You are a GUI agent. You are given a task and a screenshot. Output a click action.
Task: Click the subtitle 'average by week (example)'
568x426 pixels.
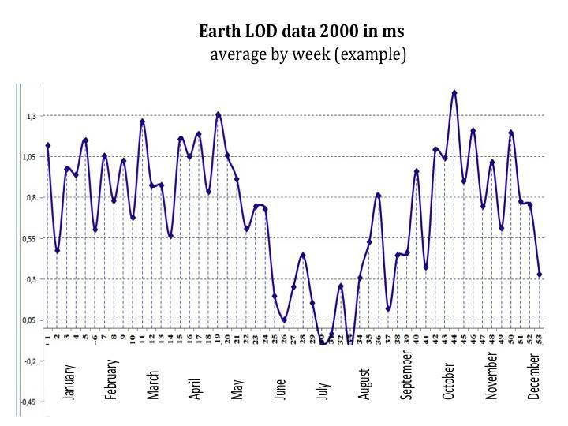[308, 54]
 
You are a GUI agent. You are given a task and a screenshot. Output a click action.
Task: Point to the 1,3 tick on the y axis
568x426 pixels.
[31, 117]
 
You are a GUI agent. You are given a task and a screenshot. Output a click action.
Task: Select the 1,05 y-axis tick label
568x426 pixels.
[29, 157]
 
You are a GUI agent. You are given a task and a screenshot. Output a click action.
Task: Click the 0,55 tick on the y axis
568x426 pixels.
[29, 239]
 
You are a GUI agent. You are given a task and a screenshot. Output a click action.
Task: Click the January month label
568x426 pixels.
[69, 381]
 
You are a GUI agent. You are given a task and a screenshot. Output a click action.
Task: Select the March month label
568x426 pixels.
[153, 384]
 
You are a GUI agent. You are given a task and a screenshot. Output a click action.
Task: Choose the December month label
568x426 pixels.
[534, 377]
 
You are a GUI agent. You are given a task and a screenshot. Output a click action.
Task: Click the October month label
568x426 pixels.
[448, 381]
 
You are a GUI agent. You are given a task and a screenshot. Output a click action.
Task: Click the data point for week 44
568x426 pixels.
[454, 92]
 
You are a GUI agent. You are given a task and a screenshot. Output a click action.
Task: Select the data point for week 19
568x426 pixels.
[219, 114]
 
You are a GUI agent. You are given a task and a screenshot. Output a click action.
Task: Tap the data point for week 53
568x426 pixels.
[540, 275]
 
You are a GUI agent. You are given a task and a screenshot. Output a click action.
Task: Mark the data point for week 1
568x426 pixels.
[48, 145]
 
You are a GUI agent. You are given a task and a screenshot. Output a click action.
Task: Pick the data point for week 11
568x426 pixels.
[143, 121]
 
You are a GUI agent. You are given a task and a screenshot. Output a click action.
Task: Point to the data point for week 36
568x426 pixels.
[379, 195]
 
